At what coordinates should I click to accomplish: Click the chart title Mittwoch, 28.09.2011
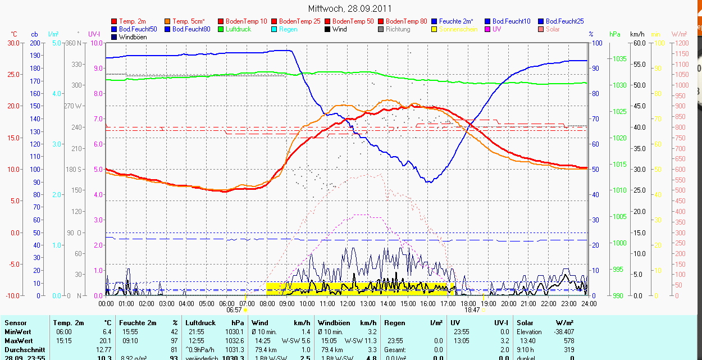pyautogui.click(x=350, y=8)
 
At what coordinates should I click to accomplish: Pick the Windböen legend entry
pyautogui.click(x=133, y=37)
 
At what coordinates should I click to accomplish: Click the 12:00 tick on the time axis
pyautogui.click(x=348, y=304)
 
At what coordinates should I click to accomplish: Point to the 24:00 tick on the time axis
pyautogui.click(x=589, y=304)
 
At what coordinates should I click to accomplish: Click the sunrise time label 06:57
pyautogui.click(x=234, y=310)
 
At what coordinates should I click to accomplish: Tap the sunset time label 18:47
pyautogui.click(x=472, y=310)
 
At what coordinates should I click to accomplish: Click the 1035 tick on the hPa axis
pyautogui.click(x=619, y=59)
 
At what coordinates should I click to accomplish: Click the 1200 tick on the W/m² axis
pyautogui.click(x=681, y=43)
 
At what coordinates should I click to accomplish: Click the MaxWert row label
pyautogui.click(x=19, y=341)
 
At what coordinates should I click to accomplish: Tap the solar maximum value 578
pyautogui.click(x=569, y=341)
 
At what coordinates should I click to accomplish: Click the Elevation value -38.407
pyautogui.click(x=563, y=332)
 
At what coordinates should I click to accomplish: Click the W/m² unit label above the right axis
pyautogui.click(x=681, y=34)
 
